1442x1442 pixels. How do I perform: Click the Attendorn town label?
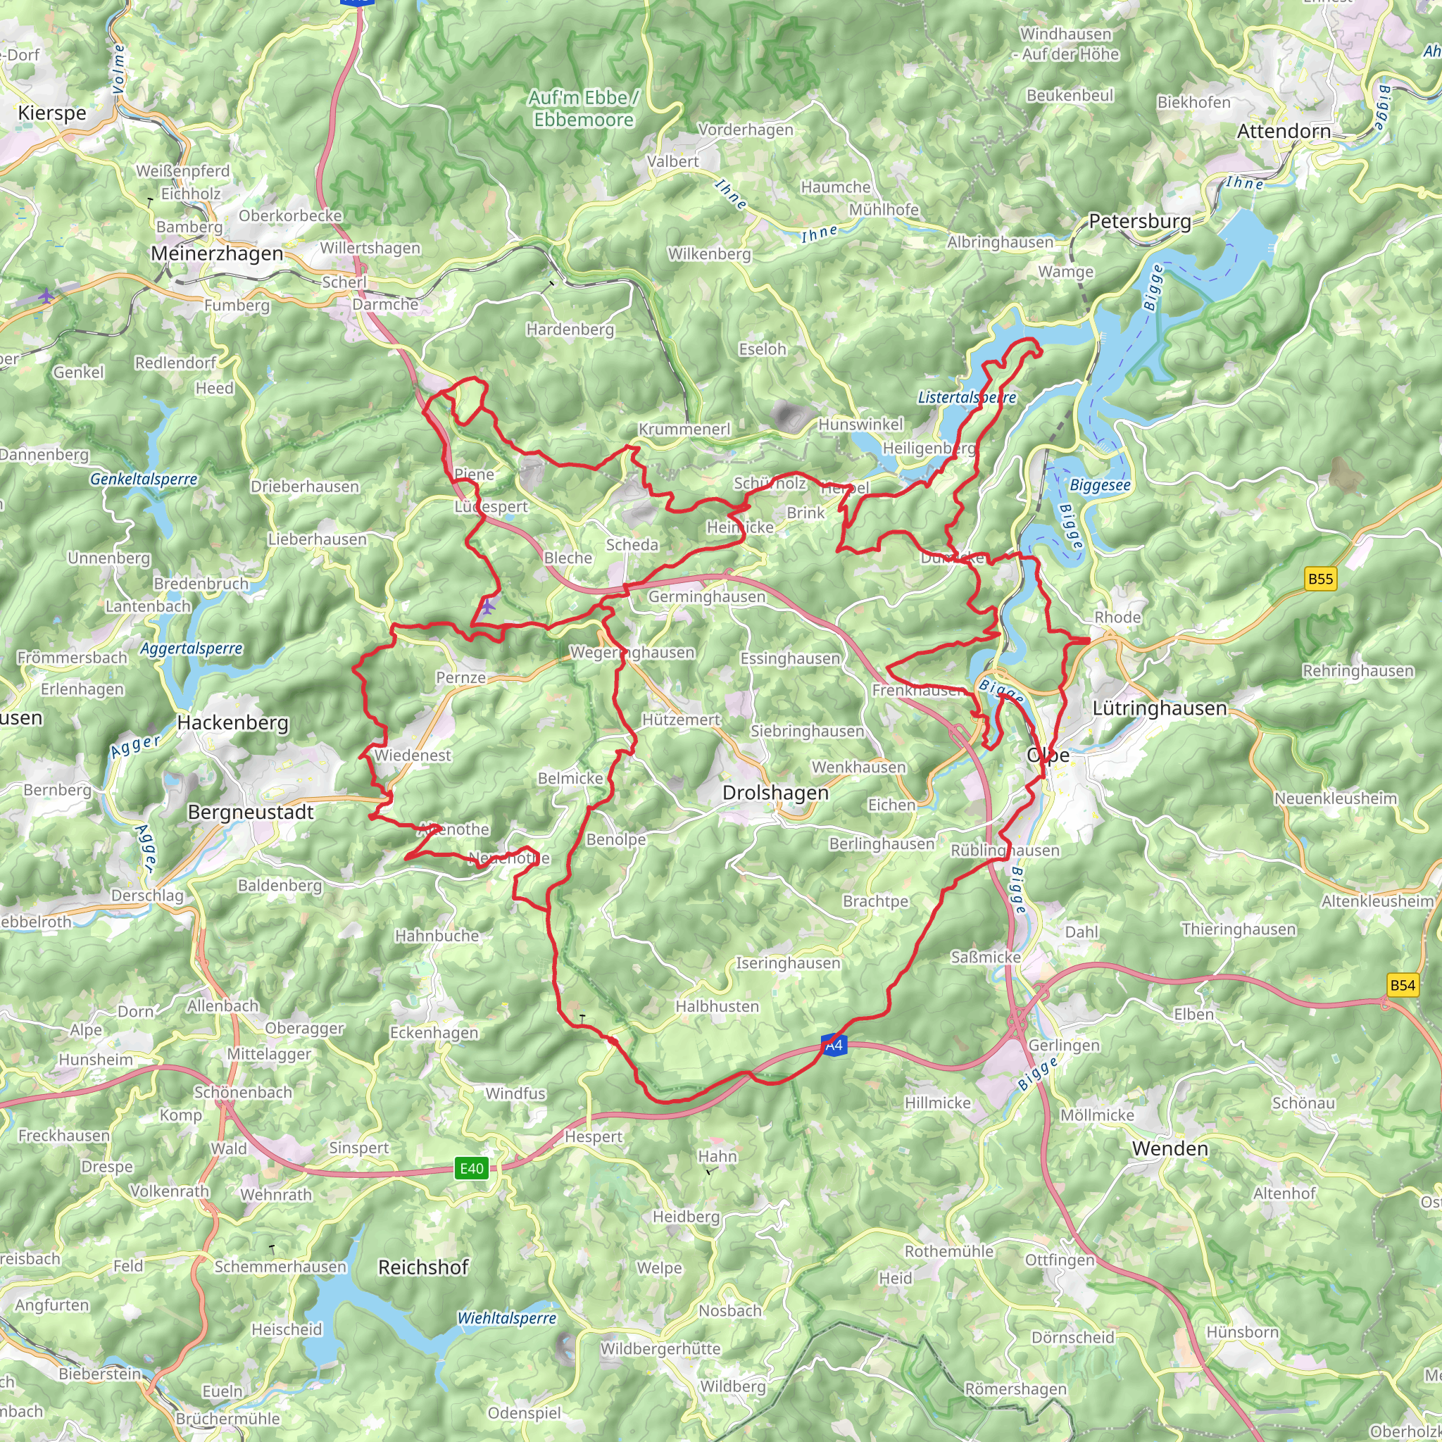pyautogui.click(x=1284, y=132)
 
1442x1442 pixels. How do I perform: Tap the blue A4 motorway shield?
pyautogui.click(x=834, y=1045)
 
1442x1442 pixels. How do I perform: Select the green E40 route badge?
pyautogui.click(x=471, y=1168)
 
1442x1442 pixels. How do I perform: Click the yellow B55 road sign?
pyautogui.click(x=1319, y=579)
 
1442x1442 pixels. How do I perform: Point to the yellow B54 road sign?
pyautogui.click(x=1402, y=985)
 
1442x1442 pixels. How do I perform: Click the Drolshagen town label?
pyautogui.click(x=775, y=793)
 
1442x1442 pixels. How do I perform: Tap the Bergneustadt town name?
pyautogui.click(x=250, y=812)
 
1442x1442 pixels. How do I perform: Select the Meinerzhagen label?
pyautogui.click(x=216, y=253)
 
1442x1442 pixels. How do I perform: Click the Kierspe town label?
pyautogui.click(x=52, y=113)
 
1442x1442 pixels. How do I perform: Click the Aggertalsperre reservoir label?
pyautogui.click(x=191, y=648)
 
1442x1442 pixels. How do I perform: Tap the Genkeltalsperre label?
pyautogui.click(x=144, y=479)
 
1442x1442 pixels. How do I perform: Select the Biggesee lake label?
pyautogui.click(x=1099, y=485)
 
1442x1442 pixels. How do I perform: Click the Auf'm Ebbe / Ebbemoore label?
pyautogui.click(x=583, y=109)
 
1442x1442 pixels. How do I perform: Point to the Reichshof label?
pyautogui.click(x=423, y=1267)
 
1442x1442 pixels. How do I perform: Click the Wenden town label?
pyautogui.click(x=1170, y=1148)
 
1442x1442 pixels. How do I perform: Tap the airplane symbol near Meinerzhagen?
pyautogui.click(x=46, y=296)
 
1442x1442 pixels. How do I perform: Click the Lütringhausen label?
pyautogui.click(x=1159, y=708)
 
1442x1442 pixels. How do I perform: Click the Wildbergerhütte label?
pyautogui.click(x=660, y=1348)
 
